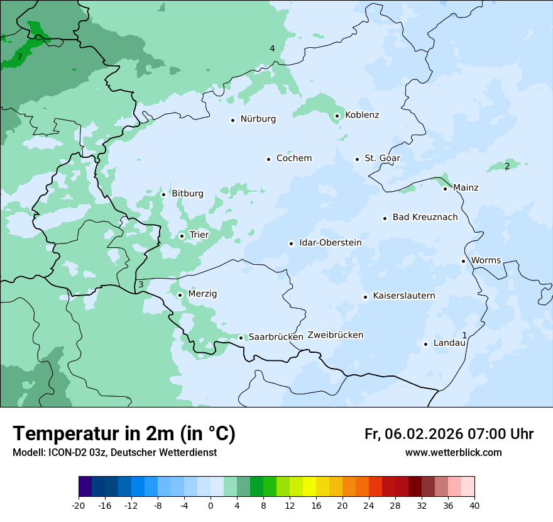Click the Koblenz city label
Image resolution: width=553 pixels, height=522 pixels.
(x=362, y=115)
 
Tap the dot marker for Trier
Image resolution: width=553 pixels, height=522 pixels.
(x=182, y=236)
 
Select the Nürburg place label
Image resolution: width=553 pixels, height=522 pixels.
(x=258, y=119)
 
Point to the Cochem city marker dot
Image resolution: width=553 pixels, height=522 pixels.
(x=268, y=159)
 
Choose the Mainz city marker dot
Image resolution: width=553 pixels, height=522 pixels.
(x=445, y=189)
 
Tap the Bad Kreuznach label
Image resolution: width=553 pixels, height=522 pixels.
(x=425, y=217)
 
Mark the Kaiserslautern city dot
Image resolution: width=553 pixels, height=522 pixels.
(x=365, y=297)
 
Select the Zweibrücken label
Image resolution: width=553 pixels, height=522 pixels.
(x=335, y=335)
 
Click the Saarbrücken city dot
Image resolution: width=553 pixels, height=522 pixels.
(x=241, y=338)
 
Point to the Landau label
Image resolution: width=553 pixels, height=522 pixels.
(x=449, y=343)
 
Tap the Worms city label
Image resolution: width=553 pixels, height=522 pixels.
(x=486, y=260)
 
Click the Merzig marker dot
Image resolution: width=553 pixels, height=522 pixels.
(x=180, y=295)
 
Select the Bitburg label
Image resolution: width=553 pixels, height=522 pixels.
(x=187, y=193)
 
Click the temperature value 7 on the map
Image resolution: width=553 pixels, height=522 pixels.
(x=19, y=57)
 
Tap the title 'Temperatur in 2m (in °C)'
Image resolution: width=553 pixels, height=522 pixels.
(x=124, y=433)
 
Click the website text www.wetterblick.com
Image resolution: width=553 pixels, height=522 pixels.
(x=453, y=452)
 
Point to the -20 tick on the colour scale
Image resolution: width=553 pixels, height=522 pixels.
(x=79, y=506)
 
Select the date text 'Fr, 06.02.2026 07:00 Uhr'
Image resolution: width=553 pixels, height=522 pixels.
(x=449, y=434)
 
